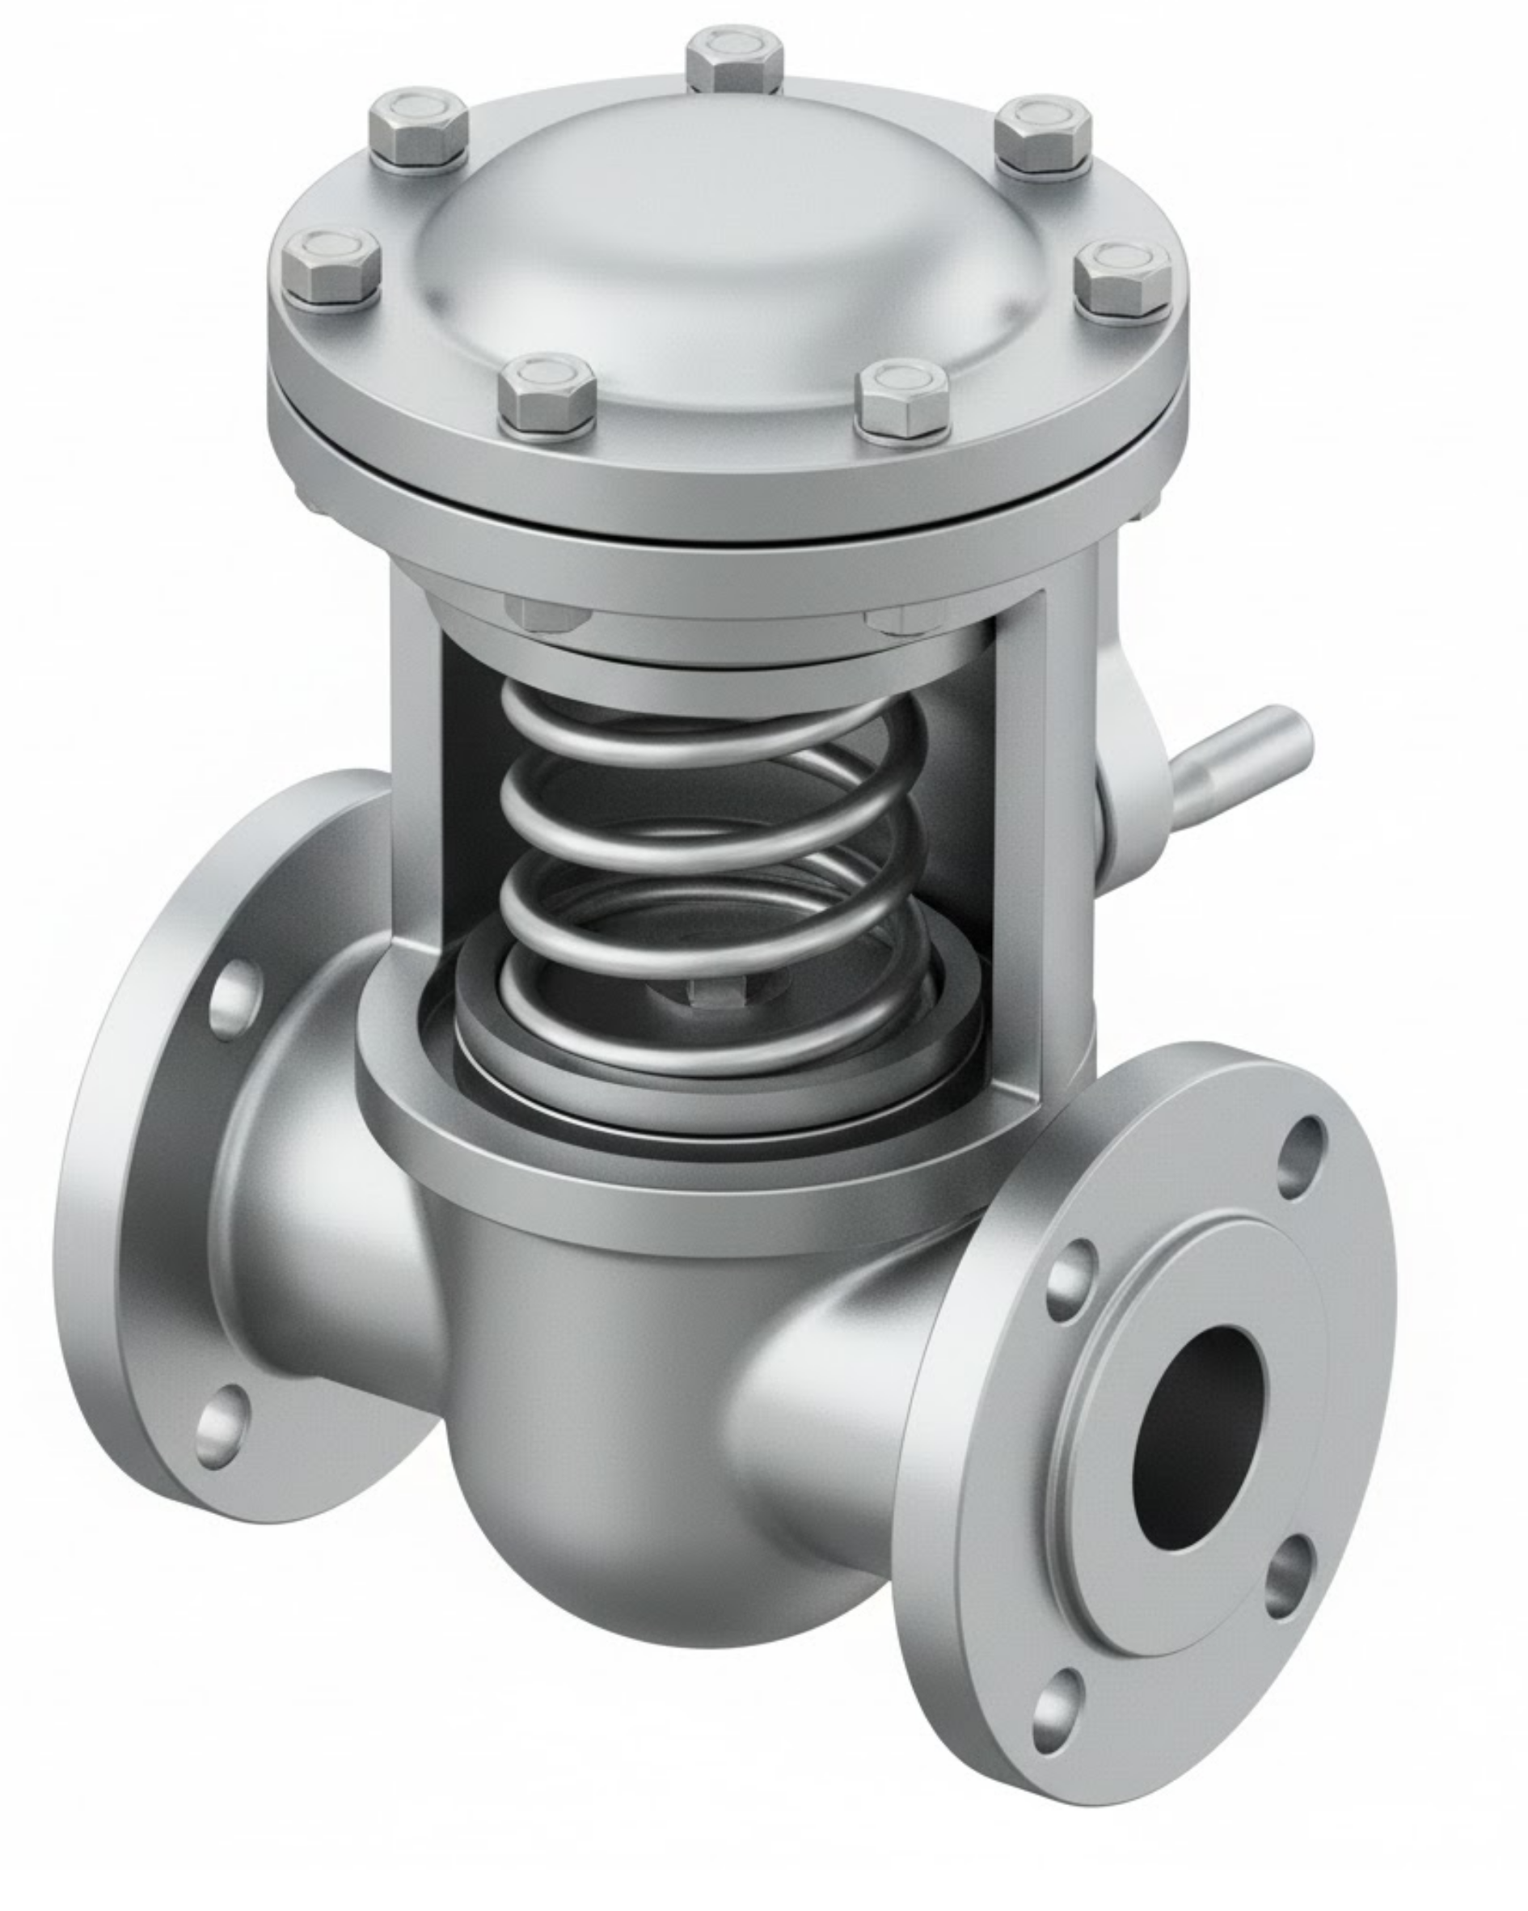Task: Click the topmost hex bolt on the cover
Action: pos(735,59)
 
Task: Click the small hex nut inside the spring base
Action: pos(717,994)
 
